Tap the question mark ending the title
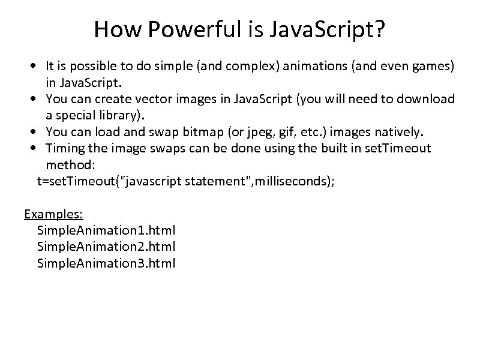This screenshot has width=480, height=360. point(379,29)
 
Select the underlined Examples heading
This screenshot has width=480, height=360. point(53,214)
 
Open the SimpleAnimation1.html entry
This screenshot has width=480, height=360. point(106,230)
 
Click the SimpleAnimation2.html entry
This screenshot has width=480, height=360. point(106,246)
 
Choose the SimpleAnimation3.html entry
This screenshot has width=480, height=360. point(106,263)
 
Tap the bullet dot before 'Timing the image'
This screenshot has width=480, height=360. point(37,148)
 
